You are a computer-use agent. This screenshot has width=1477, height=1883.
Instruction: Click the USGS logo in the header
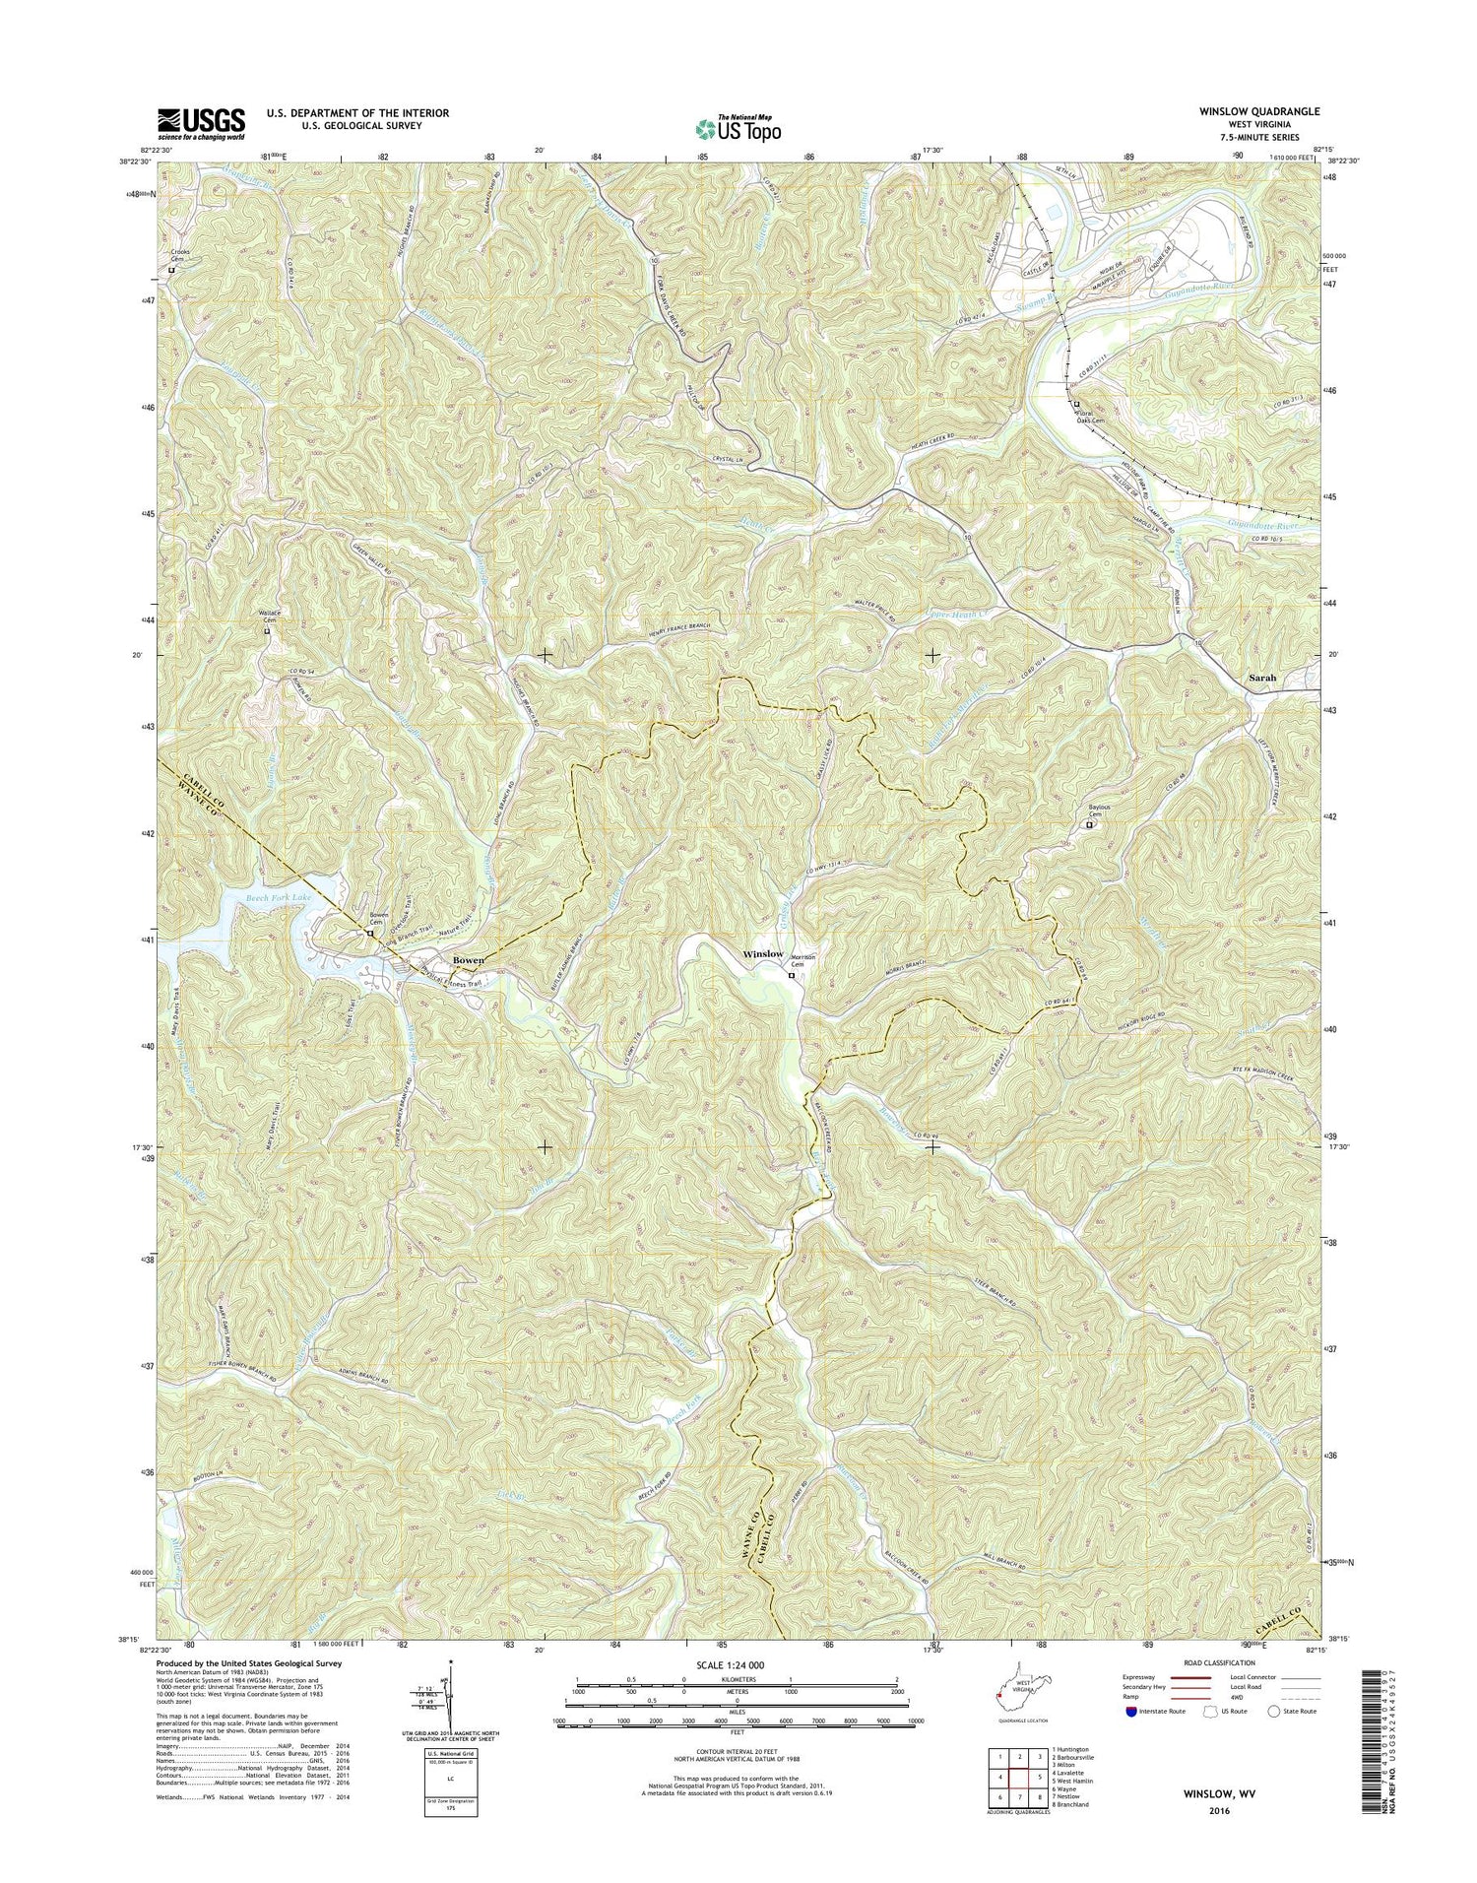(x=201, y=124)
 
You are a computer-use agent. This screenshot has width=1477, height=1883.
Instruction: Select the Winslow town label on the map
(x=763, y=954)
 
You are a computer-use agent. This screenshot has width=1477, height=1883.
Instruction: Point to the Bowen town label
(x=467, y=959)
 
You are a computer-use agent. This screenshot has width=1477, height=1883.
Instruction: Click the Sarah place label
(x=1261, y=679)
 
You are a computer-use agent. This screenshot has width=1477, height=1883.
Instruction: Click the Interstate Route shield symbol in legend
(x=1130, y=1711)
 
